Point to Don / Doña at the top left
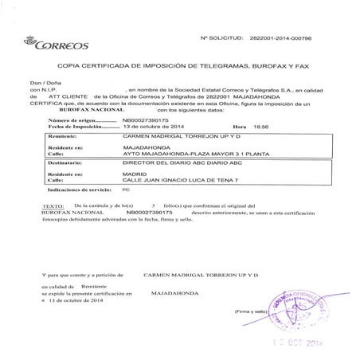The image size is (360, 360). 45,83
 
